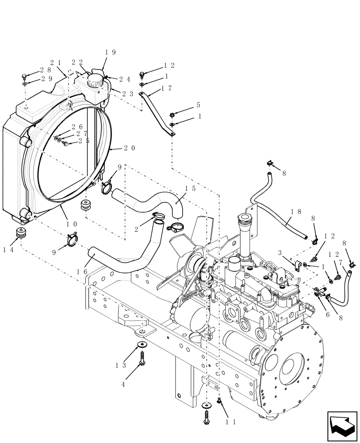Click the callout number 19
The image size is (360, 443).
[x=110, y=52]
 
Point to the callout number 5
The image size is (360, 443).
[x=198, y=105]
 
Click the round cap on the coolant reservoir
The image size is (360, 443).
[x=94, y=80]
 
